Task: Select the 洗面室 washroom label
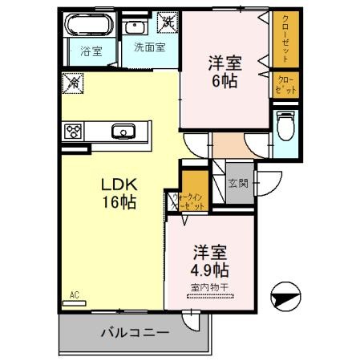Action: (x=149, y=47)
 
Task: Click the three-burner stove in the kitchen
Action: (x=75, y=131)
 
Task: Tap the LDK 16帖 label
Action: (x=118, y=193)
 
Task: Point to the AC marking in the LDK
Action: (x=75, y=294)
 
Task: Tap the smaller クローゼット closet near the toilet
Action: (x=286, y=84)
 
